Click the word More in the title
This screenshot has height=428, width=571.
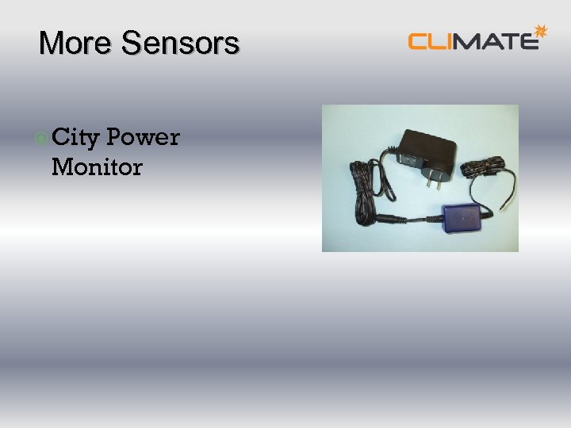click(x=76, y=43)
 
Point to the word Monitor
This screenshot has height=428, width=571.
click(x=97, y=167)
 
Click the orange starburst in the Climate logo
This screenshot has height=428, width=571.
click(x=541, y=31)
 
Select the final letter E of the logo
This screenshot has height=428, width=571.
click(x=528, y=40)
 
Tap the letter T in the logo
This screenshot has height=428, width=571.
click(x=509, y=40)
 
